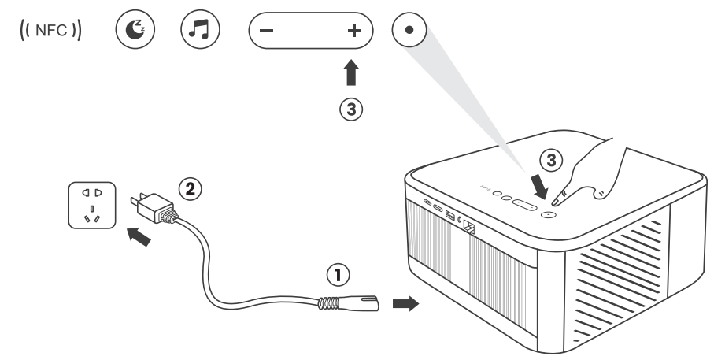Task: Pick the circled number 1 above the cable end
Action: click(x=336, y=274)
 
